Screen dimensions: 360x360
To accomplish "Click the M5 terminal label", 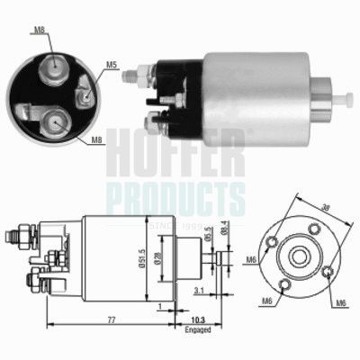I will [x=110, y=64].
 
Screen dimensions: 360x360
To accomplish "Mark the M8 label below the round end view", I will [x=95, y=139].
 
